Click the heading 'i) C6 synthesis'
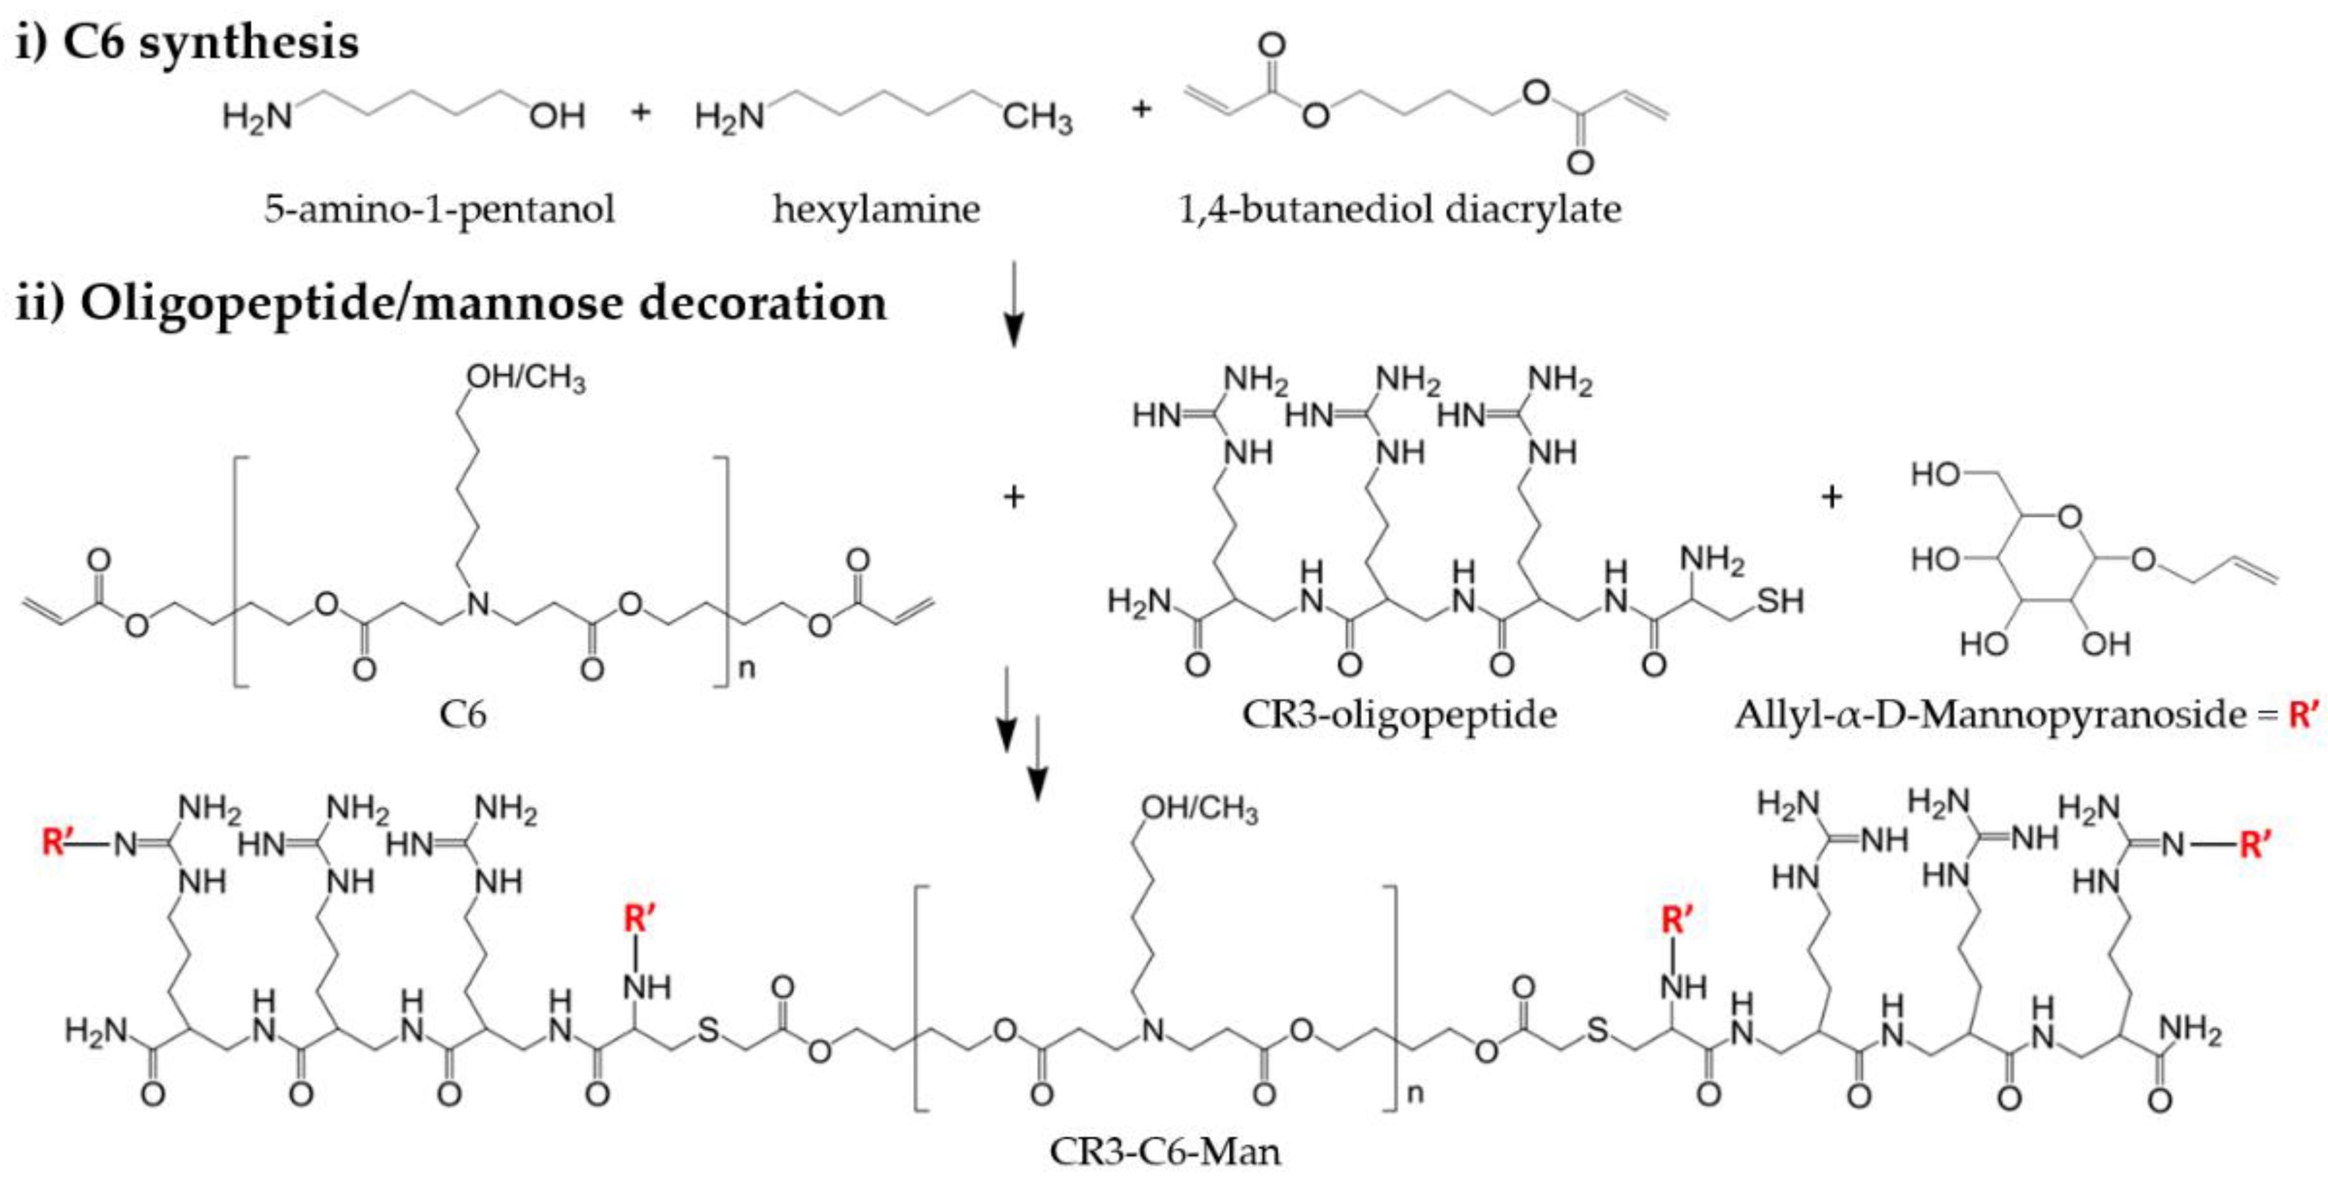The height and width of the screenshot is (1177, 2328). point(187,43)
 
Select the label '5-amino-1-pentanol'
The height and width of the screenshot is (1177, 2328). point(439,210)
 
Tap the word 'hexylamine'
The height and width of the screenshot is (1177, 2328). point(876,210)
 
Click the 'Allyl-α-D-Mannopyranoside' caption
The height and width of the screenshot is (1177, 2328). point(1986,715)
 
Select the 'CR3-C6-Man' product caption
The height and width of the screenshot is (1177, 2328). point(1165,1152)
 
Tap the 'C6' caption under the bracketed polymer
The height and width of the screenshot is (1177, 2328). point(462,715)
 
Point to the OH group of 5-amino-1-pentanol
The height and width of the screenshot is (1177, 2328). point(557,115)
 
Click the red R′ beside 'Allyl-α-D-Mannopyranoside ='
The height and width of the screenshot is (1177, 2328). point(2303,715)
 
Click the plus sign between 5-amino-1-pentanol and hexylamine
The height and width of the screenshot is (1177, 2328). point(641,113)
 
